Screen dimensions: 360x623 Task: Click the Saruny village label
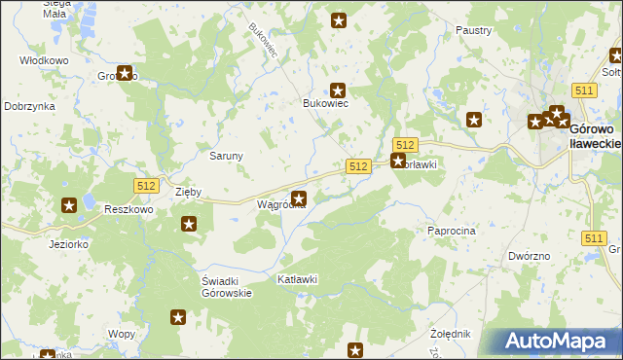point(227,155)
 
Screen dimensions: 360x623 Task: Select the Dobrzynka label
point(28,106)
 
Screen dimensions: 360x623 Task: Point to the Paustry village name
point(473,31)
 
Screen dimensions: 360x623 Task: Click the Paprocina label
point(451,231)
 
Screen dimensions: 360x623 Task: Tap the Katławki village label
point(298,279)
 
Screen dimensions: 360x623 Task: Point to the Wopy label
point(122,333)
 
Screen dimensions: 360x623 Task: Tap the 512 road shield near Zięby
point(144,184)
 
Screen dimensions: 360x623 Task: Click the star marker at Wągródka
point(299,198)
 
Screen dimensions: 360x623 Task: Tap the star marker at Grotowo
point(125,72)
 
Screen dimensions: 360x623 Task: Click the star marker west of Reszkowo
point(70,205)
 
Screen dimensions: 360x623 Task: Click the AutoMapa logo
point(558,342)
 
